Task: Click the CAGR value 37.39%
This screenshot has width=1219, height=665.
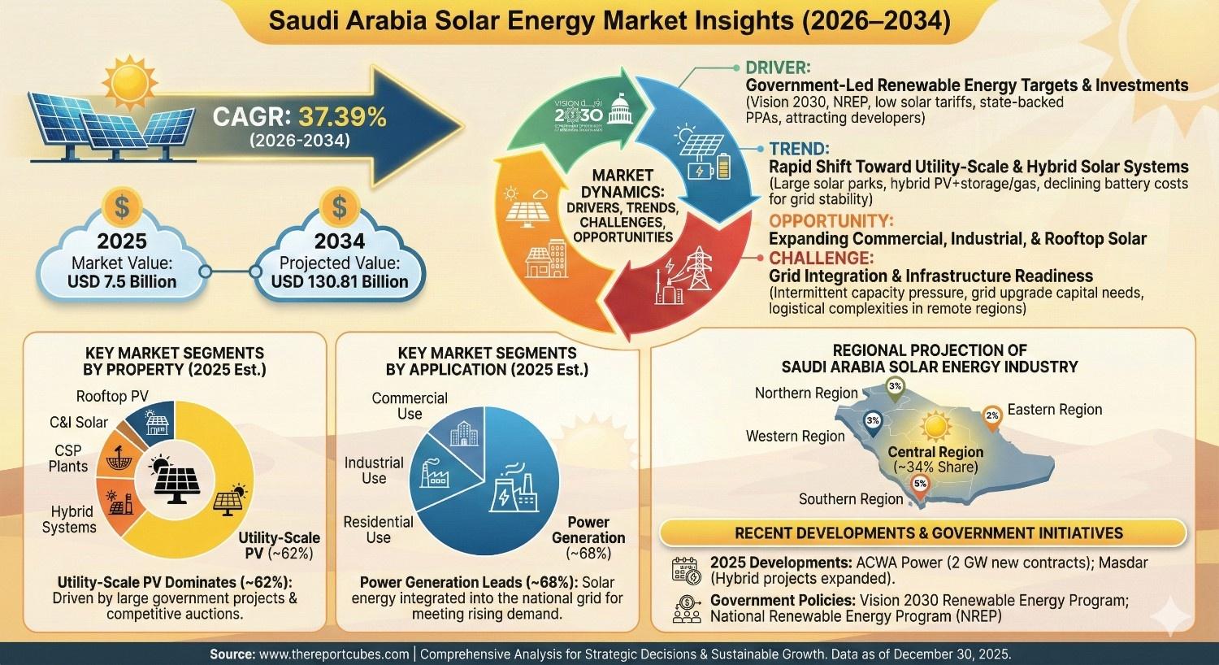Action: pos(342,116)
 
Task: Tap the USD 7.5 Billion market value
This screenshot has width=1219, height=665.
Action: pos(121,281)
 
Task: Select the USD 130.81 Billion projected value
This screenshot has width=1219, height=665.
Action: pos(339,281)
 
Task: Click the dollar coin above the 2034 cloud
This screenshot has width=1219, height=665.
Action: pos(338,206)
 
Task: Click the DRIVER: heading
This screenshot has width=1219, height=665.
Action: pos(778,67)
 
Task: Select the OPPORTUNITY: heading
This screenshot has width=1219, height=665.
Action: pos(831,220)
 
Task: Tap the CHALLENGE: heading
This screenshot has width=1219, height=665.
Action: pos(821,258)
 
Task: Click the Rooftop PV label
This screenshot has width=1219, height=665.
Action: pos(113,396)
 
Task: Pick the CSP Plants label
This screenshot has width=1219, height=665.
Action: pos(68,458)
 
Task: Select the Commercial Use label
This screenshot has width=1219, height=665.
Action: pos(410,406)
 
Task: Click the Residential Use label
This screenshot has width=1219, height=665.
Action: pos(378,529)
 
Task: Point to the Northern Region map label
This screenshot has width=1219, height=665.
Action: pos(805,393)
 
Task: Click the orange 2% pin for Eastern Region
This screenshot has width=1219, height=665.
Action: pos(991,415)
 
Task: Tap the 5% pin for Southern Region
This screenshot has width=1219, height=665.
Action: pos(920,485)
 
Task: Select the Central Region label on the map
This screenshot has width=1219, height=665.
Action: pos(935,452)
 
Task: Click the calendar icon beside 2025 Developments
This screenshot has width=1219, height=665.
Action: pos(687,570)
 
